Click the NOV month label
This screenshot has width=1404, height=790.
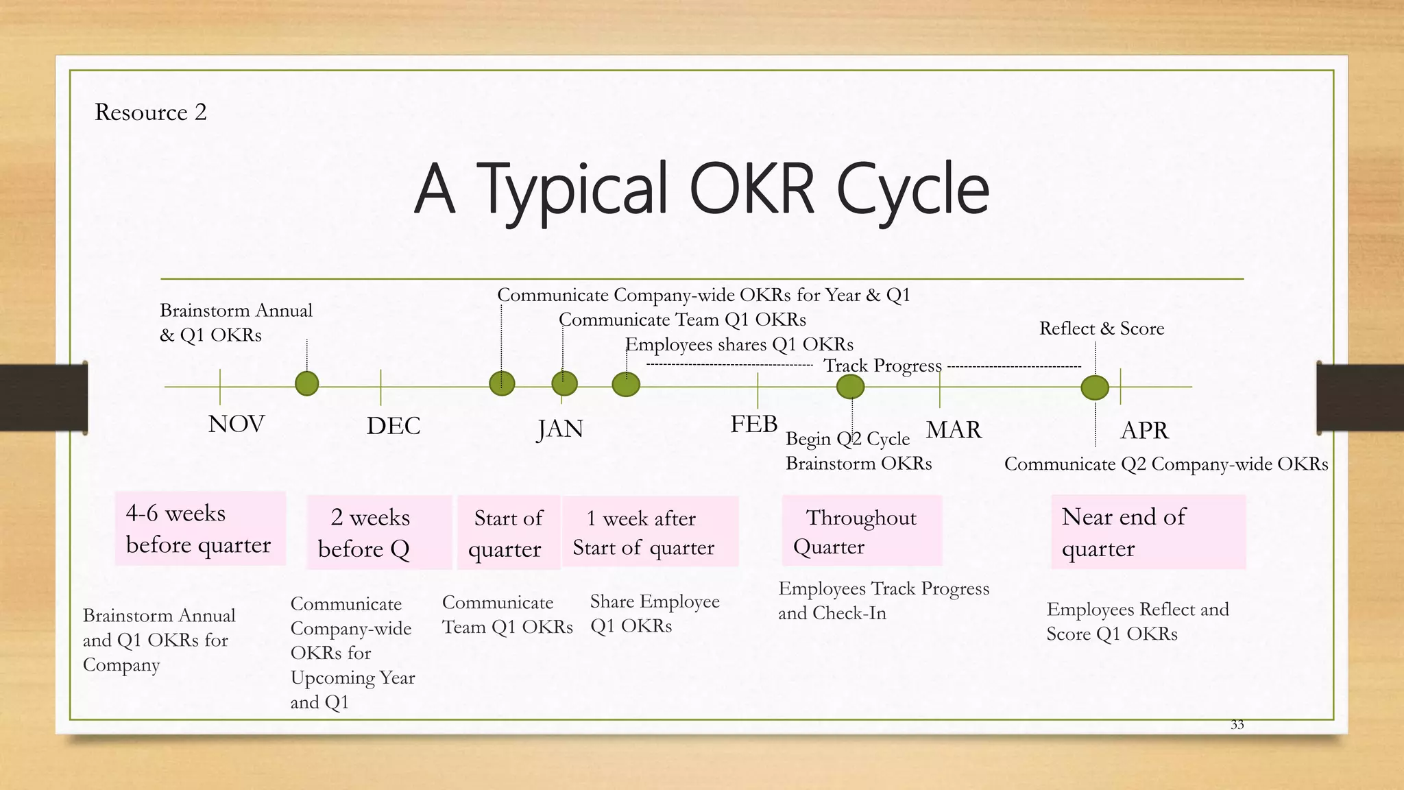pyautogui.click(x=236, y=424)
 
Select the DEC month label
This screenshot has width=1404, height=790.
pyautogui.click(x=393, y=426)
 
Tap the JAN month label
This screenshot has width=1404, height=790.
pyautogui.click(x=559, y=429)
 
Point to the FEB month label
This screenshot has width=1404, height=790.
pyautogui.click(x=753, y=424)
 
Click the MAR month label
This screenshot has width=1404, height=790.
pyautogui.click(x=954, y=430)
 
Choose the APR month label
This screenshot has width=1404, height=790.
pyautogui.click(x=1143, y=431)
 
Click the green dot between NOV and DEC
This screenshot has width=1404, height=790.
pyautogui.click(x=306, y=383)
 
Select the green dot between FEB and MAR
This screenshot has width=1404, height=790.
pyautogui.click(x=850, y=387)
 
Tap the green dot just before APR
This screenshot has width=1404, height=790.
pyautogui.click(x=1094, y=387)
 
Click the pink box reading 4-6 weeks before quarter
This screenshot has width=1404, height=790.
pyautogui.click(x=199, y=529)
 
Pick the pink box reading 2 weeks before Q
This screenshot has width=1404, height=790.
pyautogui.click(x=378, y=532)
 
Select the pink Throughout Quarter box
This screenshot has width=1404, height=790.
pyautogui.click(x=861, y=531)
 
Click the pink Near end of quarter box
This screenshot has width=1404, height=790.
pyautogui.click(x=1148, y=531)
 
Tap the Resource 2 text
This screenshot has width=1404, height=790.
pyautogui.click(x=151, y=112)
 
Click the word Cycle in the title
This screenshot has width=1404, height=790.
pyautogui.click(x=912, y=188)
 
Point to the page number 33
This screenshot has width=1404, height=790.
pyautogui.click(x=1237, y=725)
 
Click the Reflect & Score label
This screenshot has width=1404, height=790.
pyautogui.click(x=1101, y=328)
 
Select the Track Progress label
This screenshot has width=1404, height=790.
pyautogui.click(x=882, y=366)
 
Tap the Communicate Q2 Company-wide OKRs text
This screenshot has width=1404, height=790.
pyautogui.click(x=1165, y=464)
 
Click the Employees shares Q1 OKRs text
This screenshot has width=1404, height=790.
pyautogui.click(x=739, y=344)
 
